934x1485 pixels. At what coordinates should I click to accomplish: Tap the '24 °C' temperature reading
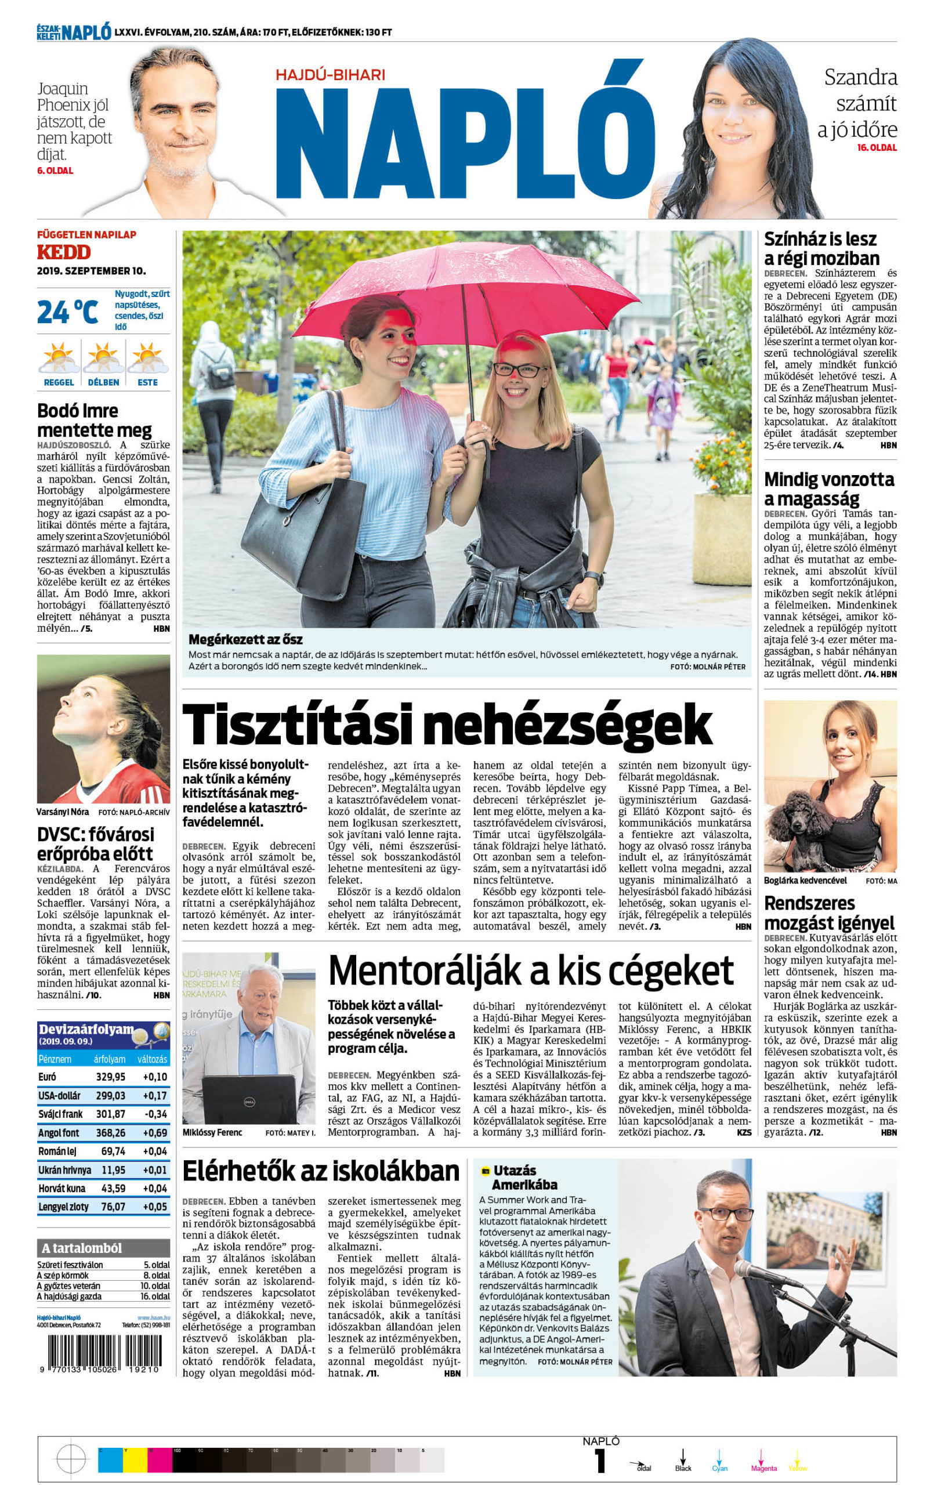point(67,312)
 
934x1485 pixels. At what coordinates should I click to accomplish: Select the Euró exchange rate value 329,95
point(110,1077)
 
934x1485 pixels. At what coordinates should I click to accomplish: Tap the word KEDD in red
point(64,252)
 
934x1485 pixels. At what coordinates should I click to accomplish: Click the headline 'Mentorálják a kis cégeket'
point(531,970)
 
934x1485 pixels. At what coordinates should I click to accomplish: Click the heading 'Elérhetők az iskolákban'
point(321,1171)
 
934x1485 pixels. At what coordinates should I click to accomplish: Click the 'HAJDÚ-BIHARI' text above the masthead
point(330,75)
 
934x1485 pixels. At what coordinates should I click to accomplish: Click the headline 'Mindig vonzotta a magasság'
point(828,488)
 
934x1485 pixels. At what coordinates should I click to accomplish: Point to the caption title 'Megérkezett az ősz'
point(245,639)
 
